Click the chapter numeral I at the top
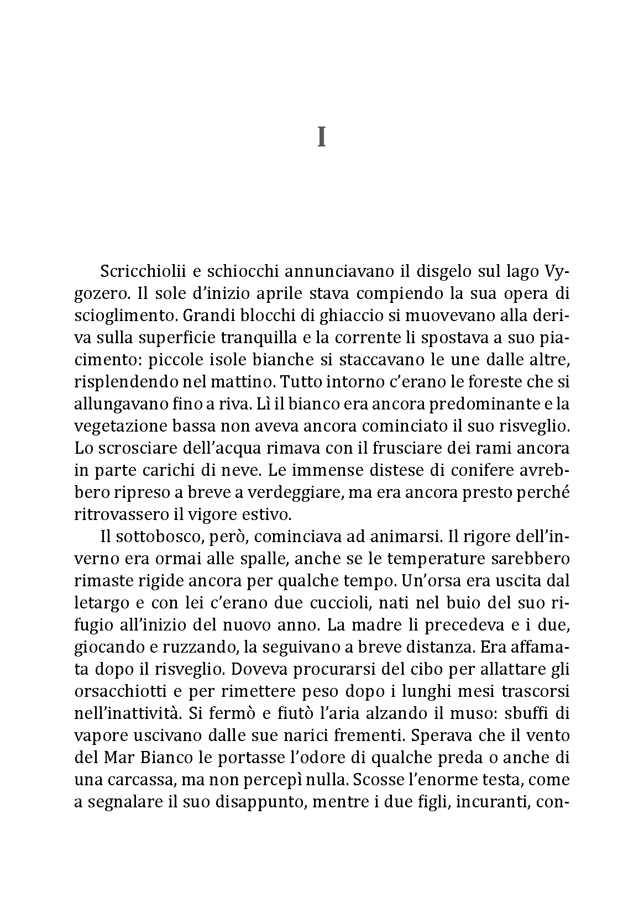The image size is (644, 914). click(321, 137)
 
